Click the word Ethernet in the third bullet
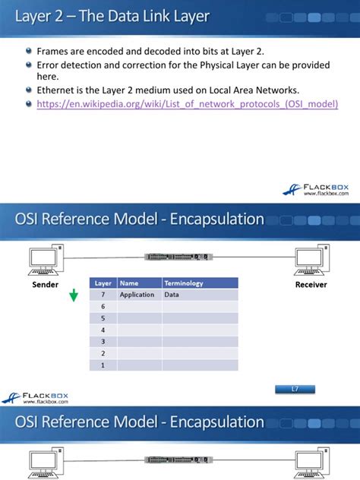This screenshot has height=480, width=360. point(57,90)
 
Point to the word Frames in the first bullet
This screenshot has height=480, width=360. point(53,51)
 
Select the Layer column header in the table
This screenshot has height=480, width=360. point(103,283)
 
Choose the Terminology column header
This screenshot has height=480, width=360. point(183,283)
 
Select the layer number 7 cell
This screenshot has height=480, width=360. point(103,294)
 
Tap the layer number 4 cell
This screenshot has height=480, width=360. point(103,330)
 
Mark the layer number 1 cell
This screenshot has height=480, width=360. point(103,365)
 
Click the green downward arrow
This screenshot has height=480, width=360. point(73,295)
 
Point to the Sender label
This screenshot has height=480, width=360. point(46,285)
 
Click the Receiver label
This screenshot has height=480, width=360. point(311,285)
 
